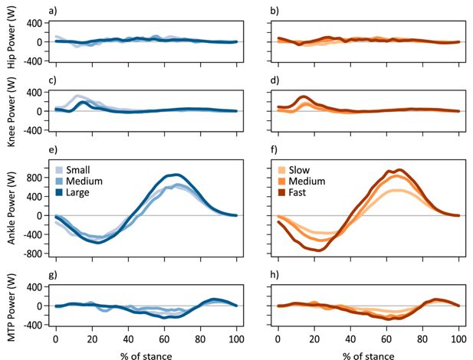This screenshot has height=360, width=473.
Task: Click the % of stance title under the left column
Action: (x=146, y=354)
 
